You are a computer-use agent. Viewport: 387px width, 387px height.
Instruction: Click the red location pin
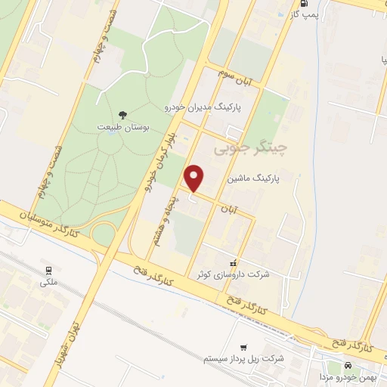[x=195, y=178]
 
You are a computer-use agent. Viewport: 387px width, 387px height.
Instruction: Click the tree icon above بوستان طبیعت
[x=122, y=116]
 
